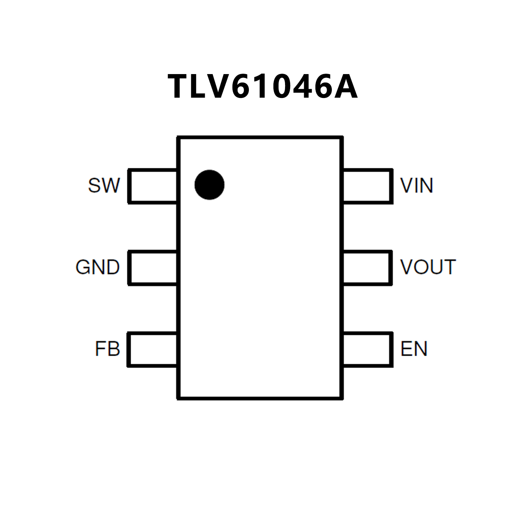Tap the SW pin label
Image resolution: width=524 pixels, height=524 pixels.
pyautogui.click(x=104, y=185)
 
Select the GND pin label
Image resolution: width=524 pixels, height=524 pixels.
pyautogui.click(x=98, y=267)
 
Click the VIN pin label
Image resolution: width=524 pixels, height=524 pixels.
pyautogui.click(x=417, y=185)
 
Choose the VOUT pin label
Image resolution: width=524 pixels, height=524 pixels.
pyautogui.click(x=428, y=267)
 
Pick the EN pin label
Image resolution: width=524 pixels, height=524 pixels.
pyautogui.click(x=414, y=349)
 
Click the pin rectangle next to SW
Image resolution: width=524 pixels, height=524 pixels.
pyautogui.click(x=153, y=186)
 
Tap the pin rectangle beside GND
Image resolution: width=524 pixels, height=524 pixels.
pyautogui.click(x=153, y=268)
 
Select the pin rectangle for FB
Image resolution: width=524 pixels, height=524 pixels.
pyautogui.click(x=153, y=349)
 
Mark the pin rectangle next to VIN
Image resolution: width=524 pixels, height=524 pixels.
pyautogui.click(x=367, y=186)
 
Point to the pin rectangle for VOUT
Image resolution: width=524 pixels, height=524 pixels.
pyautogui.click(x=367, y=268)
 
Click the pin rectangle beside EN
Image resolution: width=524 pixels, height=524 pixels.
pyautogui.click(x=367, y=349)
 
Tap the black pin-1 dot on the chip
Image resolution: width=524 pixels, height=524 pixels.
pyautogui.click(x=209, y=185)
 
